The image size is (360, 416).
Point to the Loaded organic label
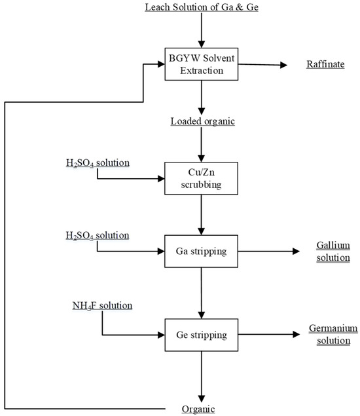click(x=202, y=122)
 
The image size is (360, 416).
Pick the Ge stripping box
click(x=202, y=335)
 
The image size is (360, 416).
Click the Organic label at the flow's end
click(x=199, y=409)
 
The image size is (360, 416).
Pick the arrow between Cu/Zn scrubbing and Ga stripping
click(x=202, y=213)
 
